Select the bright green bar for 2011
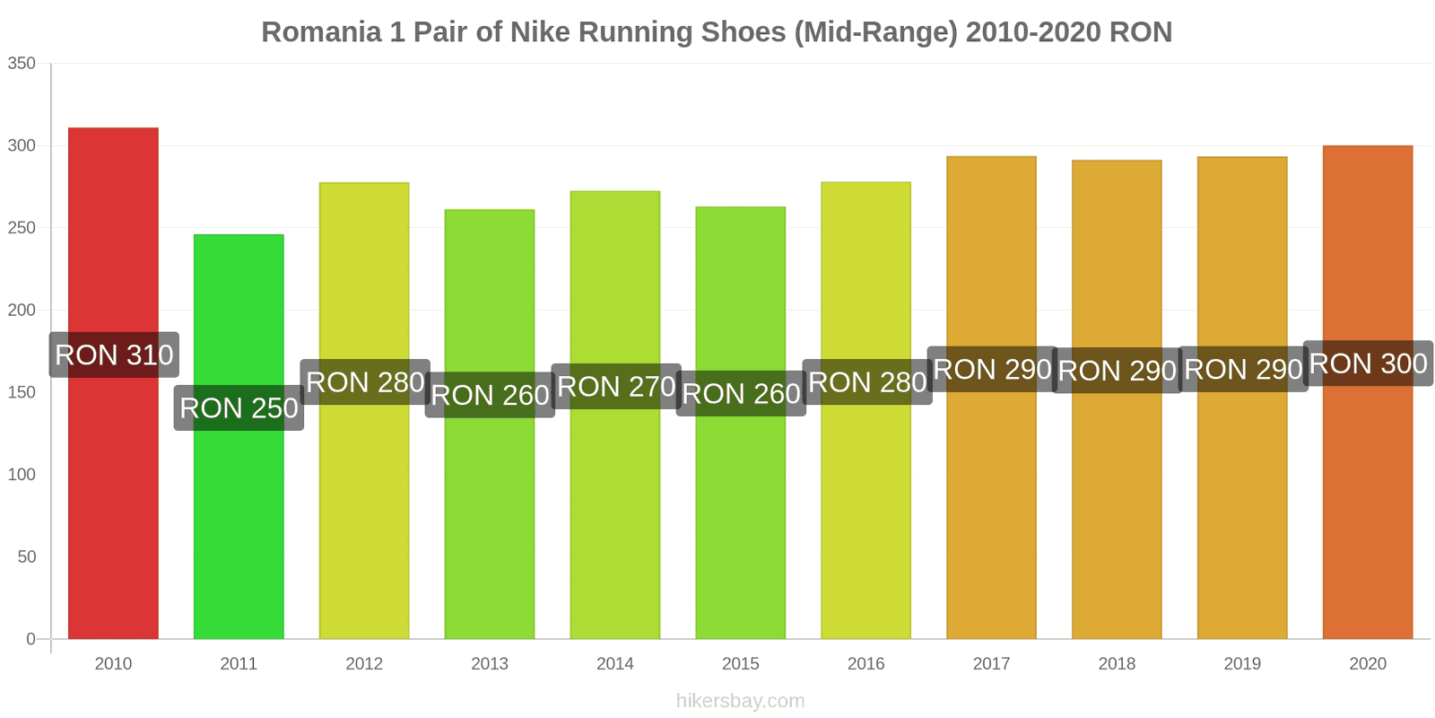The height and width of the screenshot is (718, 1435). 239,521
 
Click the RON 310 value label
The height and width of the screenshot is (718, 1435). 114,355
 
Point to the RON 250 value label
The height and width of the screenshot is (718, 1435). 239,408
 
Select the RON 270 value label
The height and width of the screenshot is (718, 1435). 616,387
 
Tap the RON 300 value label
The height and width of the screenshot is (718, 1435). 1368,363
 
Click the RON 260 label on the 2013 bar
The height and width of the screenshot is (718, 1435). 490,395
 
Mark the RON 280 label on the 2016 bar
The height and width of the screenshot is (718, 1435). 867,382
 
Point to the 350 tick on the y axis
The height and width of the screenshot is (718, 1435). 22,63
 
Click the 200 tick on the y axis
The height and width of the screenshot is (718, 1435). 22,310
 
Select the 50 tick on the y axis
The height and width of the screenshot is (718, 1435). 26,556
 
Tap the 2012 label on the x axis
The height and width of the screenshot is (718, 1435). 364,663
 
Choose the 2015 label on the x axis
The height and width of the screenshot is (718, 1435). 741,663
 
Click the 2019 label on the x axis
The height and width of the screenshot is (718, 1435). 1242,663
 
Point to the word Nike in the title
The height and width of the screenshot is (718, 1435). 541,32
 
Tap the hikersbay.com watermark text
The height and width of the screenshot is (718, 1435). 741,701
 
